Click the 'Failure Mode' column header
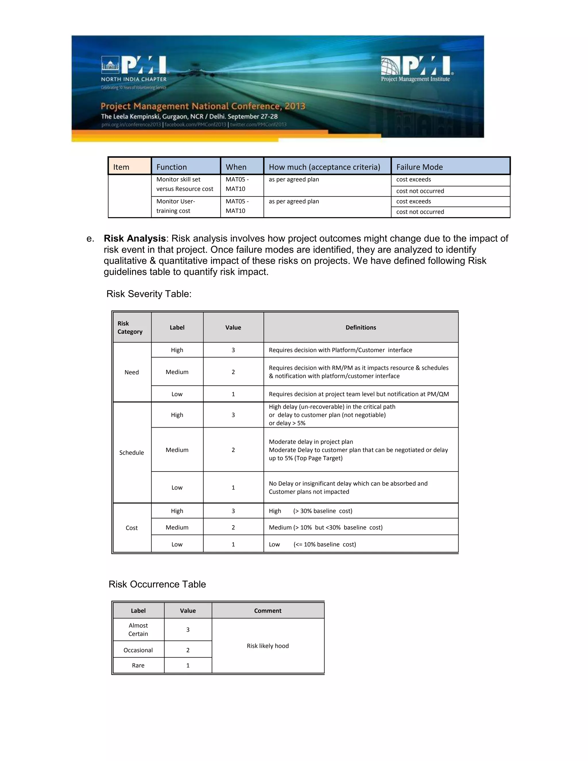click(x=419, y=167)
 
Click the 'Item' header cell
click(x=121, y=167)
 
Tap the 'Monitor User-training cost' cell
click(x=175, y=206)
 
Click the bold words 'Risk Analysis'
click(x=134, y=238)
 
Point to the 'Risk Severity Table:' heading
click(x=149, y=294)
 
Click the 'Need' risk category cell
click(x=132, y=372)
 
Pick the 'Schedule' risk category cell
click(x=132, y=453)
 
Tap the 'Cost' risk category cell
click(x=132, y=528)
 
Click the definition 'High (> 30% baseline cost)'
click(x=310, y=511)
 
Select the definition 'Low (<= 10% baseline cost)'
click(x=312, y=544)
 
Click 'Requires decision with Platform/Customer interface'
click(x=340, y=350)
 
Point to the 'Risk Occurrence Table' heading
click(x=157, y=584)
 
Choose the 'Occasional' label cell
click(x=138, y=650)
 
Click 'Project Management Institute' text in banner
click(x=415, y=79)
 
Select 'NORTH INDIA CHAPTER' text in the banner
click(x=134, y=79)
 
